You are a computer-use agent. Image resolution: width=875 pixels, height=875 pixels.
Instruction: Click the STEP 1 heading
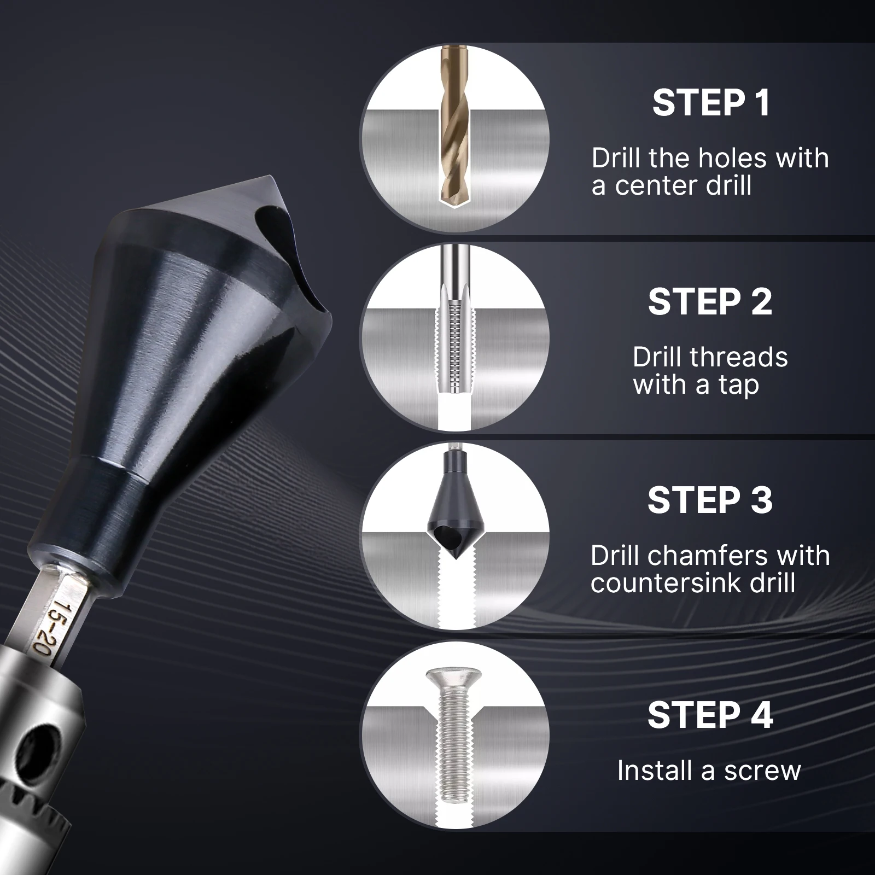pyautogui.click(x=711, y=103)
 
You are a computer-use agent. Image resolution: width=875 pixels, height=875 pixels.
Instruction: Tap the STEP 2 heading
pyautogui.click(x=710, y=301)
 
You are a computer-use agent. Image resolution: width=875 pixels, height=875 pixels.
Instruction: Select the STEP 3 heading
pyautogui.click(x=710, y=500)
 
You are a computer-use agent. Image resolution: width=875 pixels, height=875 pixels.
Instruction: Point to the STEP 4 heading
pyautogui.click(x=710, y=715)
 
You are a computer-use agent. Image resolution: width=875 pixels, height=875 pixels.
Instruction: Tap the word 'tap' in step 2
pyautogui.click(x=738, y=385)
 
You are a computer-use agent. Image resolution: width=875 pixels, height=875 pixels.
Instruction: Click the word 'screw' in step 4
pyautogui.click(x=762, y=771)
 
